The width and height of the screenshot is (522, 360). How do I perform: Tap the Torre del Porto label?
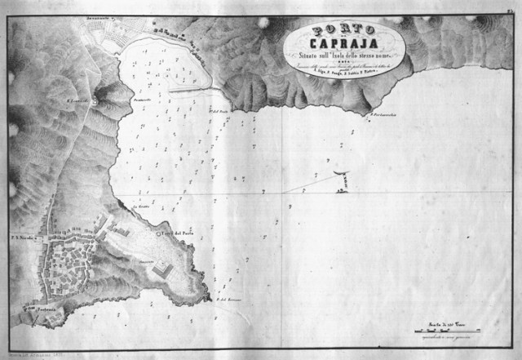(177, 234)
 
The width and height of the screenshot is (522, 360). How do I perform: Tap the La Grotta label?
(139, 210)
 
